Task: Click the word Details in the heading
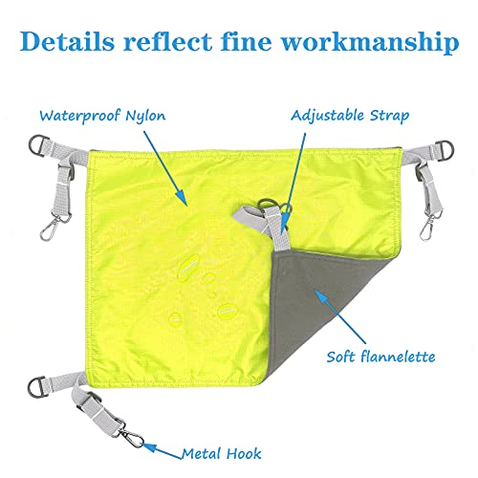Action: tap(67, 41)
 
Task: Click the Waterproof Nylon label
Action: tap(102, 116)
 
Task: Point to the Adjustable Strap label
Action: tap(350, 116)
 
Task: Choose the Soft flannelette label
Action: tap(380, 357)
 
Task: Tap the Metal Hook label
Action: tap(221, 453)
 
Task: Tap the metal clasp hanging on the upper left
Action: tap(52, 226)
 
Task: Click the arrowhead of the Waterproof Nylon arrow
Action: tap(182, 197)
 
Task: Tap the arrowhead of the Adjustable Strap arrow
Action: tap(284, 224)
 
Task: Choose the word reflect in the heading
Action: tap(167, 41)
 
